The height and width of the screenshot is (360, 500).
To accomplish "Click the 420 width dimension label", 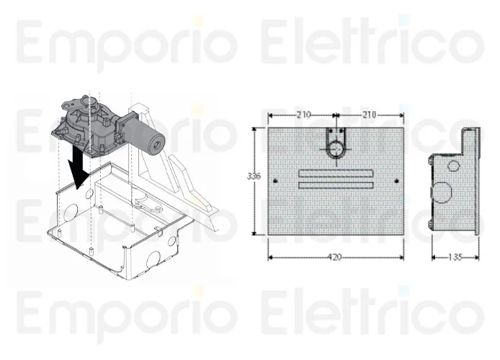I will click(x=334, y=257).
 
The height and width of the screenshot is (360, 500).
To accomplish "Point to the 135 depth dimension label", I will click(x=455, y=257).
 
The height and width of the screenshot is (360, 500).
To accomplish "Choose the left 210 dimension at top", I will click(x=303, y=114).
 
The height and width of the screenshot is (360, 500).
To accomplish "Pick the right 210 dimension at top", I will click(x=368, y=114).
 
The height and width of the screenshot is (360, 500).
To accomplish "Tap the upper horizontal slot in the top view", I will click(x=336, y=173).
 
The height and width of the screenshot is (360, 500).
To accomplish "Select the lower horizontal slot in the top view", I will click(x=336, y=185).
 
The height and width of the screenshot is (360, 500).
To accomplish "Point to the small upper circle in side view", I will click(x=453, y=166).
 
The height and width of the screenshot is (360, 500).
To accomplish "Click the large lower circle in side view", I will click(x=440, y=192).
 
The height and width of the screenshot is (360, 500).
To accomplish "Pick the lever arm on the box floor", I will click(x=154, y=205).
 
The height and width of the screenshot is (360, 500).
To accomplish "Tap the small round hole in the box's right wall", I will click(x=172, y=241).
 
